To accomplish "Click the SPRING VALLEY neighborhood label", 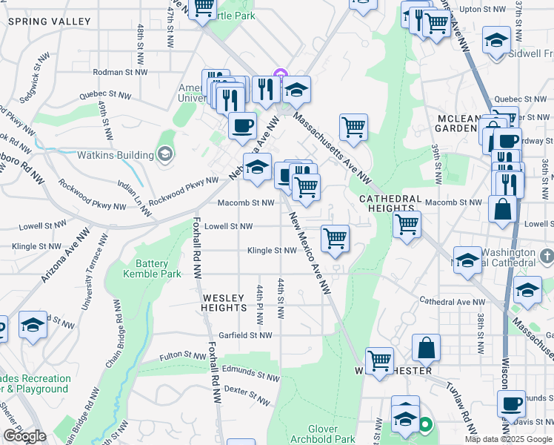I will [38, 22].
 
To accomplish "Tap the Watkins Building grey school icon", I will [165, 155].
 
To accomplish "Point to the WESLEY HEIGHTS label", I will [224, 302].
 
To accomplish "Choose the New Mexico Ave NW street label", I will [309, 252].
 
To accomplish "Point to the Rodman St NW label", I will [120, 73].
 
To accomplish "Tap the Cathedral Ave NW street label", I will [452, 302].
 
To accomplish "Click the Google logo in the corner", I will [24, 436].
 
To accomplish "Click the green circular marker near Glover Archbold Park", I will [425, 426].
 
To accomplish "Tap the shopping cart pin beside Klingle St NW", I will [335, 239].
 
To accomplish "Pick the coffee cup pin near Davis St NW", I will [511, 403].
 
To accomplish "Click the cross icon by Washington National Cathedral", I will [547, 256].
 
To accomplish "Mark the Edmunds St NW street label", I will [251, 378].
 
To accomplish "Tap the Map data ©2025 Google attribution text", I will [507, 439].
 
